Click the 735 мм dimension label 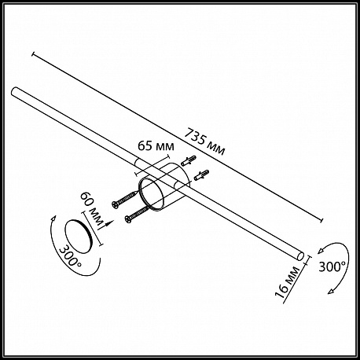coord(204,141)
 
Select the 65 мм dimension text coord(156,146)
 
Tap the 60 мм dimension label coord(92,209)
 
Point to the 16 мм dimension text coord(287,282)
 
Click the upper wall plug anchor coord(189,160)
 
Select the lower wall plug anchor coord(201,174)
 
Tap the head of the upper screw coord(115,204)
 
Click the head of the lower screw coord(128,219)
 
